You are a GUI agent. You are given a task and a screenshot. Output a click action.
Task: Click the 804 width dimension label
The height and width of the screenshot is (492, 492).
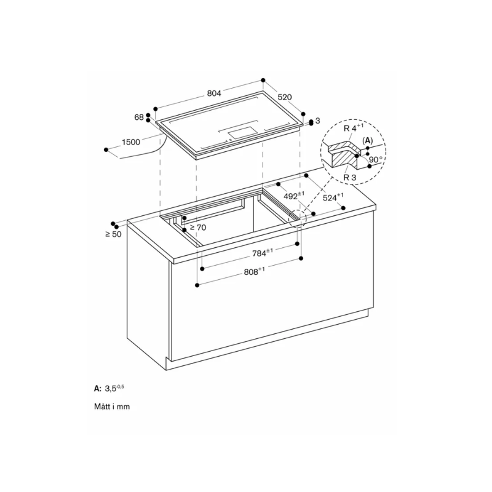click(213, 93)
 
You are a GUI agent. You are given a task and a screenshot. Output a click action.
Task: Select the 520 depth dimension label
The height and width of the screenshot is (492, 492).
click(284, 97)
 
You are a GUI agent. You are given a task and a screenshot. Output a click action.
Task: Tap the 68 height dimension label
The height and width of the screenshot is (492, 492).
click(138, 117)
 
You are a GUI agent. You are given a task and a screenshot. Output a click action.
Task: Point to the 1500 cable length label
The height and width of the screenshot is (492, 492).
click(131, 142)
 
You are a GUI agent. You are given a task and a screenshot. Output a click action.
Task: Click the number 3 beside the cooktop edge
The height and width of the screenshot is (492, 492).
click(318, 121)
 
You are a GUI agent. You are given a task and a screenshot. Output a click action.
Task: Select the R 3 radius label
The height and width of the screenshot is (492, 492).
click(350, 177)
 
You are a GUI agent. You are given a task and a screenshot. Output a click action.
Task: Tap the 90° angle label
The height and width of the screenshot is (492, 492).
click(376, 159)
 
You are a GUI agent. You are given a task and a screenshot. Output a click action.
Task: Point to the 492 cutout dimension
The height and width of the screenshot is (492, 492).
click(295, 196)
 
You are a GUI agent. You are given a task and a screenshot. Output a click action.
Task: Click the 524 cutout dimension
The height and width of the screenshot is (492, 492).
click(333, 198)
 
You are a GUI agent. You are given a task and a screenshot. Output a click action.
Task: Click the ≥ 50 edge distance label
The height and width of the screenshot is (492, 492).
click(113, 234)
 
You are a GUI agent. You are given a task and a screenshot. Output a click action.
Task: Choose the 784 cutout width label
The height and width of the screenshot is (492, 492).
click(261, 252)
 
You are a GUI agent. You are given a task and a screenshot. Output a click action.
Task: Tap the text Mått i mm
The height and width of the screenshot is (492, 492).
click(112, 407)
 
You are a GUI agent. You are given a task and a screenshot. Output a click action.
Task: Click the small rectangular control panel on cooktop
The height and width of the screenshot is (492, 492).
click(241, 131)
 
